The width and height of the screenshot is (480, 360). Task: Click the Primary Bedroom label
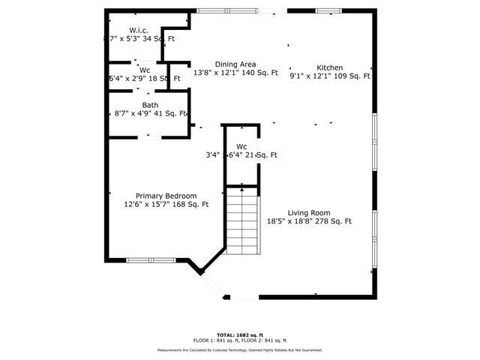click(x=166, y=196)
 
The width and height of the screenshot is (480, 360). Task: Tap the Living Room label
click(x=309, y=212)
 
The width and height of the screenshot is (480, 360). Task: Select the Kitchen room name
click(x=329, y=67)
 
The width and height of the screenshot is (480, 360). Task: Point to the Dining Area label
click(x=235, y=64)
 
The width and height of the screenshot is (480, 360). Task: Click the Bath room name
click(x=150, y=105)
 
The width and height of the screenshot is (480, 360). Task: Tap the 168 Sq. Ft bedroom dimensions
click(x=166, y=204)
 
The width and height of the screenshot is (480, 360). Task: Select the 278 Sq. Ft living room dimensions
click(x=309, y=221)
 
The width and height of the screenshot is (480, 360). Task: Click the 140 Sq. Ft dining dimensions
click(x=235, y=73)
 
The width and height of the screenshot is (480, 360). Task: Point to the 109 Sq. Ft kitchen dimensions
click(x=330, y=76)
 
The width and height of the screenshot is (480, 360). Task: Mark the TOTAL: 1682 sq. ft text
click(x=240, y=334)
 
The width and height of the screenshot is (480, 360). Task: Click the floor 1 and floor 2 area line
click(x=240, y=340)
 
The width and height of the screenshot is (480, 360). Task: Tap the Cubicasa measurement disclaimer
click(x=240, y=350)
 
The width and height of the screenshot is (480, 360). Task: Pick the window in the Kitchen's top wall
click(x=328, y=10)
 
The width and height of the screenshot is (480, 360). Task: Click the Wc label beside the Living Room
click(x=241, y=146)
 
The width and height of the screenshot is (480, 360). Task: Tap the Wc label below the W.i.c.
click(x=145, y=69)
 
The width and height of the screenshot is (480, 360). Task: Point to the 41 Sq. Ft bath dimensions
click(x=150, y=114)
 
